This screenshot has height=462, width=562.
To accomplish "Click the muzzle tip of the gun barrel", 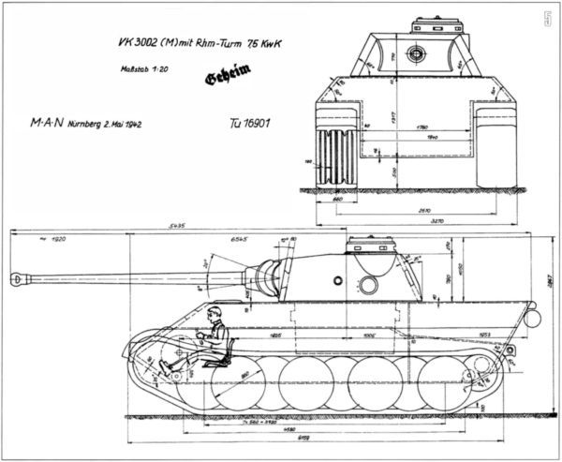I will [x=14, y=278].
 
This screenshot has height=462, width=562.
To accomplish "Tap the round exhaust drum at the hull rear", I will [x=532, y=319].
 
